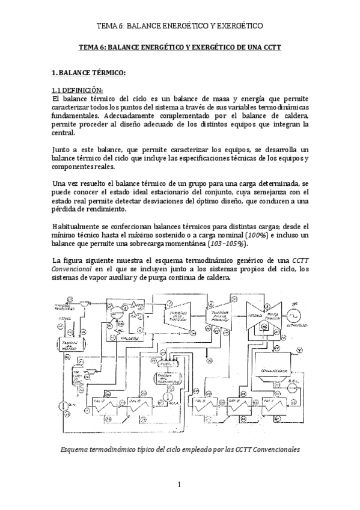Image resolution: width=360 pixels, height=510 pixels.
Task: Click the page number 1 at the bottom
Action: click(180, 484)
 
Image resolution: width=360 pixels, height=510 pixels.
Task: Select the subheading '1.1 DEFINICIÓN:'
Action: click(75, 90)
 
